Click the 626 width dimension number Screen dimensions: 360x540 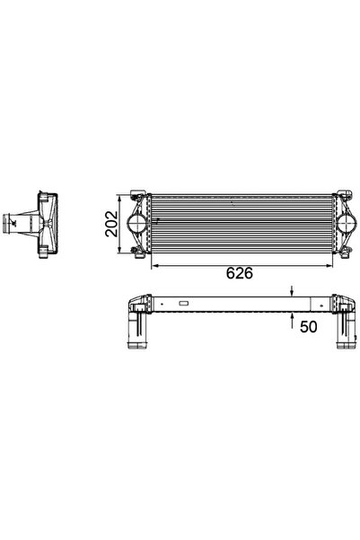click(x=240, y=273)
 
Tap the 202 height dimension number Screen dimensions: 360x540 click(x=111, y=224)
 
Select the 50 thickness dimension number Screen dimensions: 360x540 click(x=308, y=327)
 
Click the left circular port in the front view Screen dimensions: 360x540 click(x=137, y=224)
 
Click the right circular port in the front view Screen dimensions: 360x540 click(x=346, y=224)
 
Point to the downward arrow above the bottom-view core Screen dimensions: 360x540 click(x=292, y=290)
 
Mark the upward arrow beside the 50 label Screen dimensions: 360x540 click(x=292, y=321)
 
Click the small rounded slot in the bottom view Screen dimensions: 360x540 click(x=183, y=304)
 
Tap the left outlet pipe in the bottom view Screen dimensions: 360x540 click(x=137, y=331)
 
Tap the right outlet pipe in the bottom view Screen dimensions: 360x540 click(x=347, y=331)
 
